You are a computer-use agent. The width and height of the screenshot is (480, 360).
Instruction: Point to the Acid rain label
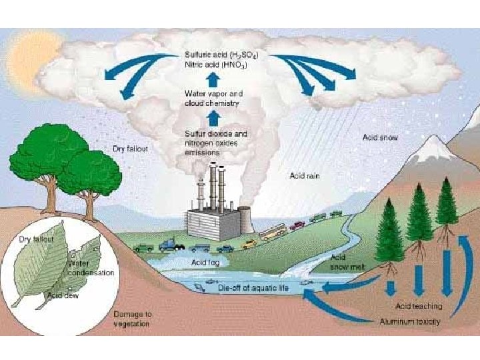tap(305, 175)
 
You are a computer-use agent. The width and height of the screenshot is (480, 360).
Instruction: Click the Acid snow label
tap(380, 137)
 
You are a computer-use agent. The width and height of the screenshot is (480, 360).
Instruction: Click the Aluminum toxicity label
tap(411, 322)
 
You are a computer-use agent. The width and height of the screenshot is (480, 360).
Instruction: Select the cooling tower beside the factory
tap(245, 220)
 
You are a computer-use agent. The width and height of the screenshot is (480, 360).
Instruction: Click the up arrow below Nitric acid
tap(212, 80)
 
